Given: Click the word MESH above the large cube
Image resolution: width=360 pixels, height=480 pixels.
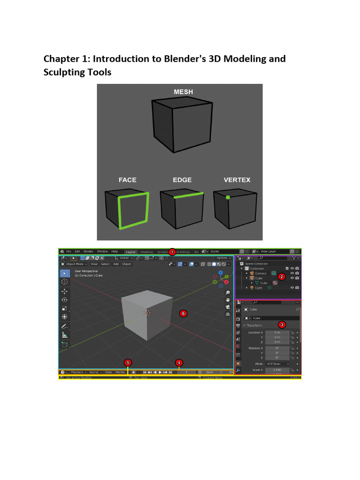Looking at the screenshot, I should [183, 92].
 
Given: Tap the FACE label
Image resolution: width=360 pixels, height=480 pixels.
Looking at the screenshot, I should [127, 180].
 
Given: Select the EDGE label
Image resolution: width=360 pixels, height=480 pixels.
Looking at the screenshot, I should [182, 180].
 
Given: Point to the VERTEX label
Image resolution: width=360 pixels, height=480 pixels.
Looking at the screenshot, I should [237, 180].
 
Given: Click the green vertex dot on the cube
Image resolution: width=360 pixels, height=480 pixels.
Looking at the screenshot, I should [228, 197].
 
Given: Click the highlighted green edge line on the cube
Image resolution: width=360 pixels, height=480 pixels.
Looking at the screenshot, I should [189, 195].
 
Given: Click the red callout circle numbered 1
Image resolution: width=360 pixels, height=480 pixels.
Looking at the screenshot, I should [172, 252].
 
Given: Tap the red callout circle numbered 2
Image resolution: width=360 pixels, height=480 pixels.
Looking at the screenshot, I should [281, 277].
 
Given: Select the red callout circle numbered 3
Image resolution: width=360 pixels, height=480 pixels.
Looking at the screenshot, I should [282, 324].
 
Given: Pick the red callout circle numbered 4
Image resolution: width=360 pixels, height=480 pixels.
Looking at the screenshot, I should [179, 362].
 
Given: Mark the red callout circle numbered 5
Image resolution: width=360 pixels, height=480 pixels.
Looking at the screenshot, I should [127, 362].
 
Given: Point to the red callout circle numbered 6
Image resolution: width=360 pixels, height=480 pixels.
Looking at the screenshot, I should [183, 313].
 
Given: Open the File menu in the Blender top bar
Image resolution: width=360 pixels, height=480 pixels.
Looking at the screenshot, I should [69, 252].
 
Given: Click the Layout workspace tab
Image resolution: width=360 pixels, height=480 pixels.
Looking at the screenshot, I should [131, 252].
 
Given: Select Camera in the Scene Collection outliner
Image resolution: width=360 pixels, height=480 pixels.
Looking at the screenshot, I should [261, 273].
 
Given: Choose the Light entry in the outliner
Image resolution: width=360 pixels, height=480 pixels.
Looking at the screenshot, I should [258, 288].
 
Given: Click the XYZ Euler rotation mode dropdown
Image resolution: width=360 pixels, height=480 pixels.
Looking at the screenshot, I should [277, 364].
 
